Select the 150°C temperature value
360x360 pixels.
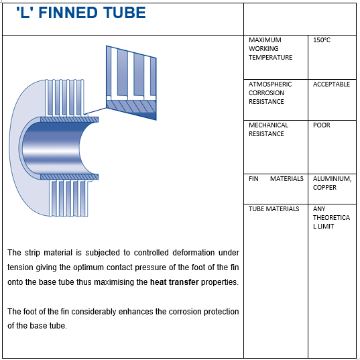pos(321,40)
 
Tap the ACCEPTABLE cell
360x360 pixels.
pos(331,84)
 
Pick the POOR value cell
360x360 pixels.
pos(321,125)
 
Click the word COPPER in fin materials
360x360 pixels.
pos(324,187)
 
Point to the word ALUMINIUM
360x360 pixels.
pos(332,179)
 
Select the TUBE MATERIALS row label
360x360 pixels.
pos(274,209)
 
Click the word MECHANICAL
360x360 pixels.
pos(268,125)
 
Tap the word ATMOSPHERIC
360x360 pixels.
pos(270,84)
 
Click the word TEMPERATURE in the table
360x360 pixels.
pos(270,58)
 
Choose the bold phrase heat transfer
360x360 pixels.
pos(174,282)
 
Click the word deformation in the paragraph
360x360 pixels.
pos(194,253)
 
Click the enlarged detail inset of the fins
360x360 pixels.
pos(131,82)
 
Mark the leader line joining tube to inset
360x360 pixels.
pos(95,111)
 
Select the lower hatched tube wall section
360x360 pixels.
pos(69,177)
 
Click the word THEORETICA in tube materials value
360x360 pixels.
pos(331,218)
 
